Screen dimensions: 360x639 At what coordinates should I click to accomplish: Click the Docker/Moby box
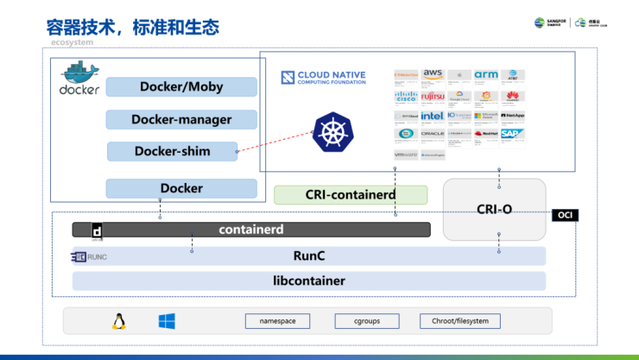[182, 86]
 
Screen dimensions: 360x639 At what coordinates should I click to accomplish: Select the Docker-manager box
[181, 119]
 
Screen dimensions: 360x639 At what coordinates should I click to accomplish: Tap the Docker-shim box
[172, 151]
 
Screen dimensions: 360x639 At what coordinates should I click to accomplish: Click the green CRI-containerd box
[351, 195]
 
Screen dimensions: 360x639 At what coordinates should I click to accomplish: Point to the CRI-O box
[495, 209]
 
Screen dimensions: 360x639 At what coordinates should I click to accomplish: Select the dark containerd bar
[251, 230]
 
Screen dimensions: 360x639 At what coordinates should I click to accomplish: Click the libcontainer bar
[309, 281]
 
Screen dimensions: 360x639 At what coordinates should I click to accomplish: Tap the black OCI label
[566, 215]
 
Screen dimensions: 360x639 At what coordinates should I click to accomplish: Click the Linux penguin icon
[118, 322]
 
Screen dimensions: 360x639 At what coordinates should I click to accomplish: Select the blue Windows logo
[167, 322]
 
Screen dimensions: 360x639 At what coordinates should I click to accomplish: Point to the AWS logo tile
[433, 76]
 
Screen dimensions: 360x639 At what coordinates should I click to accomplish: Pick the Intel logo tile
[433, 116]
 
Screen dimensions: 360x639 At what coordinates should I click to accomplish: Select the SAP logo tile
[513, 135]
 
